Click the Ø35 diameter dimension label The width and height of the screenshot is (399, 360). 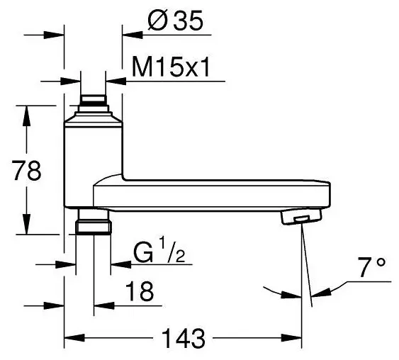click(175, 21)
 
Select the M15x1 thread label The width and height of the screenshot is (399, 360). click(171, 67)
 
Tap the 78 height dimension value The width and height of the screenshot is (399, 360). click(27, 171)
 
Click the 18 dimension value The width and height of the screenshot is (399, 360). click(140, 291)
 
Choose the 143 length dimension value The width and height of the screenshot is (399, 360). click(184, 339)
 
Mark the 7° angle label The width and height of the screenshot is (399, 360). click(372, 267)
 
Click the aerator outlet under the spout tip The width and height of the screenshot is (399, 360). click(301, 217)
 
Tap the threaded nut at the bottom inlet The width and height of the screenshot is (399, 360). click(94, 227)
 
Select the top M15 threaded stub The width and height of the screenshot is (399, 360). click(93, 100)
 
